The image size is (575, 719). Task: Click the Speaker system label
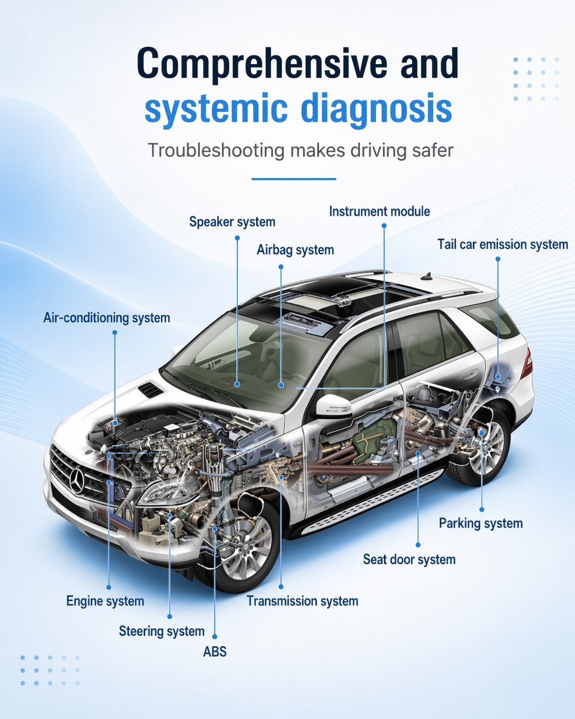coord(232,222)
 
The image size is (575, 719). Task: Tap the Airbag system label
coord(295,250)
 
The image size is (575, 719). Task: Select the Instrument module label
coord(379,211)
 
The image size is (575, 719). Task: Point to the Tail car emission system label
coord(503,244)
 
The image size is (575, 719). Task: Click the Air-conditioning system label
coord(107,317)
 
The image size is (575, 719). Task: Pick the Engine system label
coord(105,601)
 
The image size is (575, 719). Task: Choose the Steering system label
coord(161,631)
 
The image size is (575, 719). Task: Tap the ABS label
coord(215,651)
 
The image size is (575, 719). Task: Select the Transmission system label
coord(302,601)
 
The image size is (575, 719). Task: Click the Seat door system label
coord(409,559)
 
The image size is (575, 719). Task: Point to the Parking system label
coord(481,523)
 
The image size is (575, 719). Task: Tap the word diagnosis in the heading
coord(376,109)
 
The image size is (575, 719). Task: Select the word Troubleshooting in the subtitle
coord(216,150)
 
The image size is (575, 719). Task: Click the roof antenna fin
coord(427,276)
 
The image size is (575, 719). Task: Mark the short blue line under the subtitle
coord(294,179)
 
